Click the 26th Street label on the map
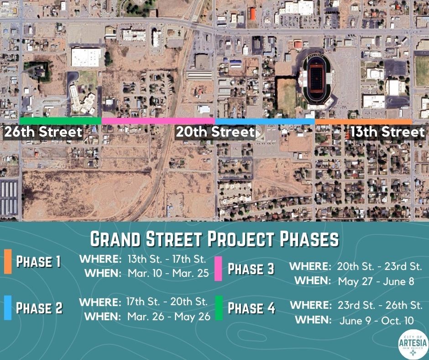(x=43, y=132)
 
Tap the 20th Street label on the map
(x=214, y=132)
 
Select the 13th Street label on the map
(x=387, y=132)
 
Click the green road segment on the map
(x=60, y=121)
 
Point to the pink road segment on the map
(x=158, y=121)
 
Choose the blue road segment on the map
(x=265, y=121)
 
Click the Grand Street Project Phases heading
(x=214, y=238)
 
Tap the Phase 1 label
(x=38, y=262)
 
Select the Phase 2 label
(x=39, y=308)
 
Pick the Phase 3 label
(x=251, y=269)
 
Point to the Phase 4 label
(x=251, y=309)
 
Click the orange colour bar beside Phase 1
(x=7, y=262)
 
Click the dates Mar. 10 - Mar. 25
(x=167, y=274)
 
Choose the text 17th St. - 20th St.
(x=167, y=302)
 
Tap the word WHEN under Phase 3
(x=312, y=281)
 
